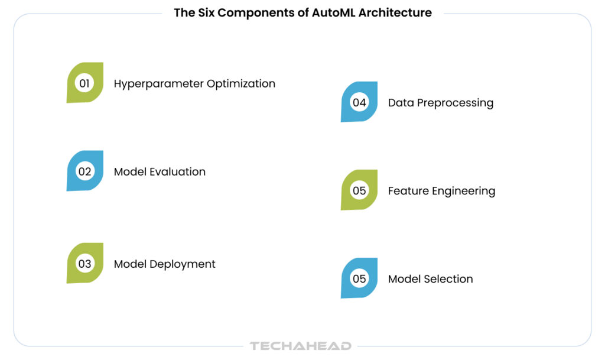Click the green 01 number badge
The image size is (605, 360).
(x=84, y=83)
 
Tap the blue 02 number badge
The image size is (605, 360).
(x=84, y=171)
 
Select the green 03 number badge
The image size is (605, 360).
(x=84, y=264)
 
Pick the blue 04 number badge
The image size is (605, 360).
(x=359, y=102)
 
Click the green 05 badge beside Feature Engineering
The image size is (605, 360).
(x=359, y=190)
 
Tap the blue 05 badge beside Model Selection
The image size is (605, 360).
(x=359, y=278)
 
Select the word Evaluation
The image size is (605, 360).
(x=178, y=171)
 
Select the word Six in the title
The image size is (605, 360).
(x=202, y=12)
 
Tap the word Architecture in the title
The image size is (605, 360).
(x=402, y=12)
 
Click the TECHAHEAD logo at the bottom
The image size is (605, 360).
(x=301, y=346)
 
